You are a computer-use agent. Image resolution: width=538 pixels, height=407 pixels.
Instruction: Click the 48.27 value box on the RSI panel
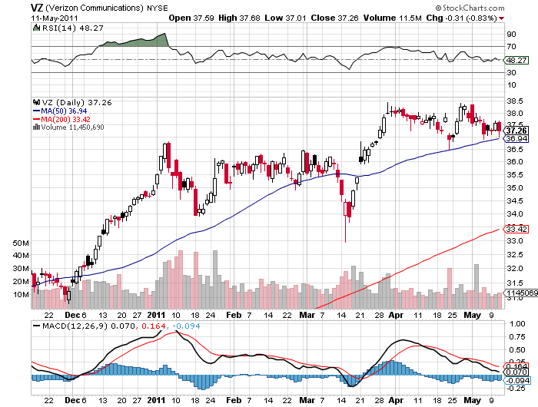click(515, 60)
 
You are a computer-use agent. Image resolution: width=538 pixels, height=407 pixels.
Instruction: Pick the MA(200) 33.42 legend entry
click(60, 120)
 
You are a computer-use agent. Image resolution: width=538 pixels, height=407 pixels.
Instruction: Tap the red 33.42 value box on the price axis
click(515, 229)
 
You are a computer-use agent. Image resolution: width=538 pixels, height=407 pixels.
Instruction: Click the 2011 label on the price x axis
click(158, 315)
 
